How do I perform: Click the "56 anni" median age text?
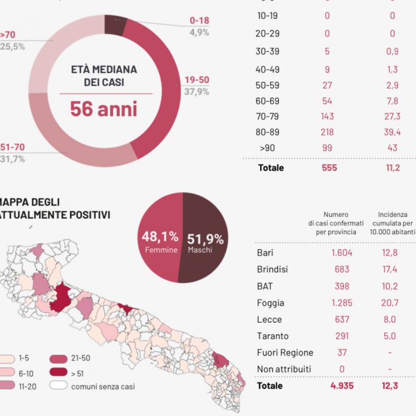point(103,109)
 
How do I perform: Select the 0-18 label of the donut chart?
point(199,20)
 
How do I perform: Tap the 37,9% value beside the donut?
point(197,91)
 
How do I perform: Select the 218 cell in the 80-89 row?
point(327,131)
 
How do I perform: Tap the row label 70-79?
point(268,116)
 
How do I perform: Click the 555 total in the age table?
point(327,168)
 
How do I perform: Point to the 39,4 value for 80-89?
point(392,131)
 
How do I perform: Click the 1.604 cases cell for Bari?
point(342,253)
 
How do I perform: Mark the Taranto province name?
point(272,336)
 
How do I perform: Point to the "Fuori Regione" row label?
point(285,353)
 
